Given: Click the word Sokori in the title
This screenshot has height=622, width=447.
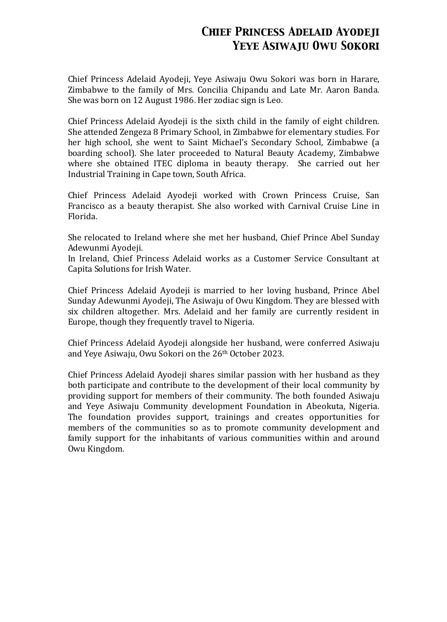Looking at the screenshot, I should point(360,45).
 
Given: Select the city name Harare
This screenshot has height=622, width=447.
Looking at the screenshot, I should point(365,79).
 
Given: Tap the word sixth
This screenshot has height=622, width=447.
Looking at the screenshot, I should point(229,122).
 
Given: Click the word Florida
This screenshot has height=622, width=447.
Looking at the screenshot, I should point(82,216).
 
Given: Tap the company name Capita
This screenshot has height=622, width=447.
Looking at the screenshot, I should point(81,269).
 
